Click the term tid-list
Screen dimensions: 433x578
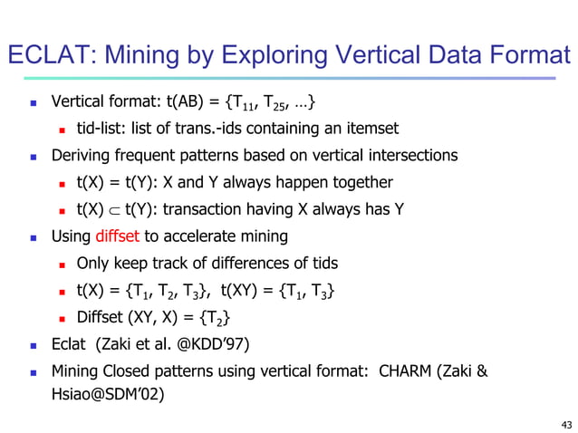tap(102, 128)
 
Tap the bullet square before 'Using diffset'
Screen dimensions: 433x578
tap(33, 237)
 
